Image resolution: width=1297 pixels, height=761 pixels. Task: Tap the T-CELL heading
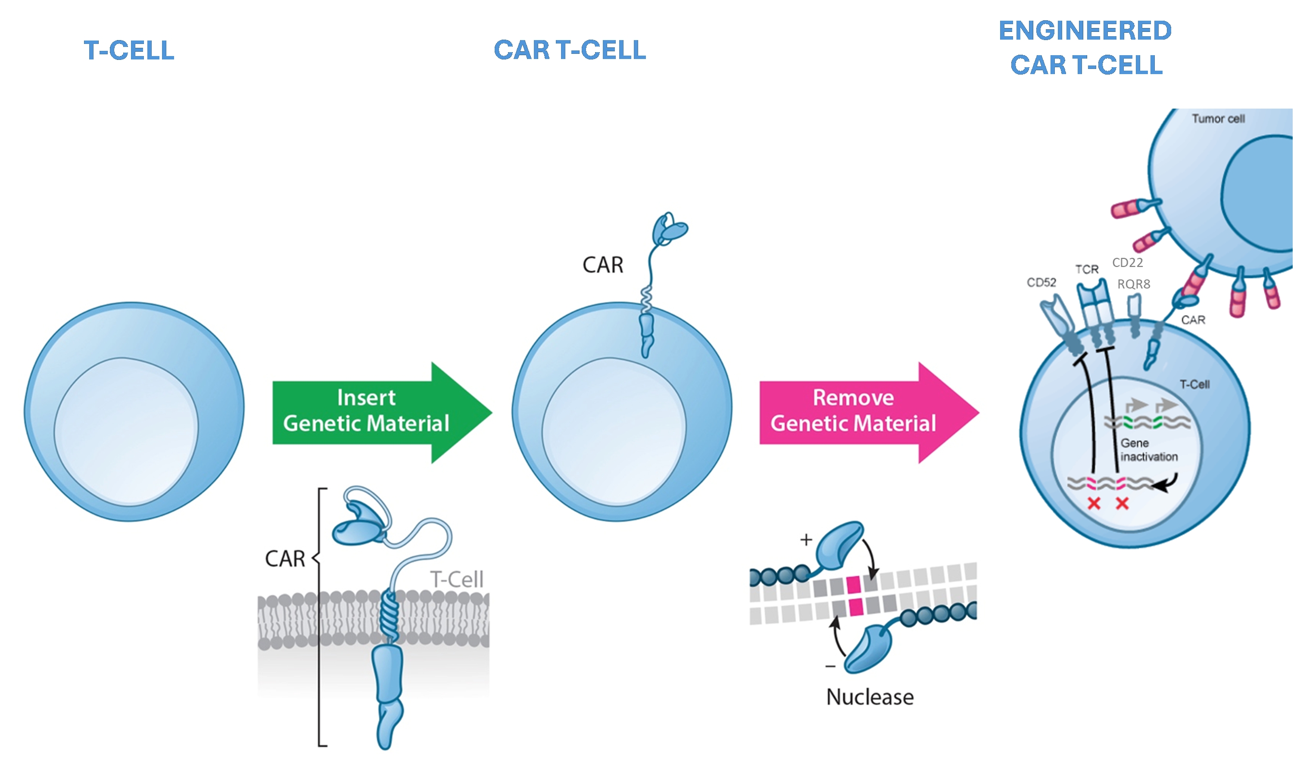click(x=129, y=50)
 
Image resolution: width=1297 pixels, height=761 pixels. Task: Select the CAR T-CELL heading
click(x=570, y=50)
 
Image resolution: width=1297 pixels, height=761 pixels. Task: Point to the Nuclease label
click(x=870, y=697)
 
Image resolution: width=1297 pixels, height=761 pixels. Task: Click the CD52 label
click(x=1041, y=283)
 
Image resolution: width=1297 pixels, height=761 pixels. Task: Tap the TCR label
click(x=1086, y=269)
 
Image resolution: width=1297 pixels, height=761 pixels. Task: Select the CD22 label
click(x=1128, y=262)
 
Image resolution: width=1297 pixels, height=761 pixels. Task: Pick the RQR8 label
click(x=1133, y=284)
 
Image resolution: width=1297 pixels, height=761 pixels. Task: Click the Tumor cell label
click(x=1218, y=119)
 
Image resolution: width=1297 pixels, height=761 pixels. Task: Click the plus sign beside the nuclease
click(x=806, y=540)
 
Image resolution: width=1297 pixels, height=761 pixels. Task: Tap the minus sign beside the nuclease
click(x=830, y=667)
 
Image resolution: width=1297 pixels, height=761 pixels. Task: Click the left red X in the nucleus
click(x=1094, y=504)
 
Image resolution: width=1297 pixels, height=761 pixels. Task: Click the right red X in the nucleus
click(x=1122, y=504)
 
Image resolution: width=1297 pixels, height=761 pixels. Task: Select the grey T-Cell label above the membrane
click(x=456, y=580)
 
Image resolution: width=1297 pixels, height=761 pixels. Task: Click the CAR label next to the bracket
click(x=285, y=559)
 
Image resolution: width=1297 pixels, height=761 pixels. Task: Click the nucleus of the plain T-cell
click(x=126, y=432)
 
